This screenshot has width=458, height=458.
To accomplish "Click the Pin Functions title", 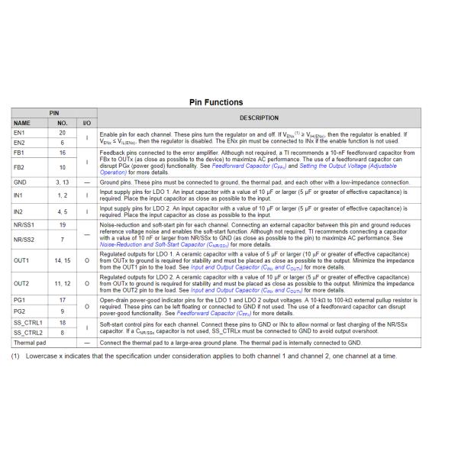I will click(215, 102).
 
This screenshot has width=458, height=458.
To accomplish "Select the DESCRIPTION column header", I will click(259, 118).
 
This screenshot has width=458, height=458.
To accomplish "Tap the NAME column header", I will click(22, 122).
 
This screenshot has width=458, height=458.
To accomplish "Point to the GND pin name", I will click(21, 183).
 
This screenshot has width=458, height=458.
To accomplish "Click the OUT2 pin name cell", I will click(22, 283).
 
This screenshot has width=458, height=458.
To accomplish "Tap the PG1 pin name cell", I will click(20, 300).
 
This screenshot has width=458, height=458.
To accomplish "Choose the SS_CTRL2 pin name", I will click(30, 333).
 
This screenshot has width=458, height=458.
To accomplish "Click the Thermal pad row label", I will click(30, 343).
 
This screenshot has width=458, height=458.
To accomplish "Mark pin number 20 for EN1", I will click(62, 133).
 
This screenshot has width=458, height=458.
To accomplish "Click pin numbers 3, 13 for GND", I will click(62, 183).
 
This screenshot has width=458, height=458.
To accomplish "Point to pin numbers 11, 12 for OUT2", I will click(62, 283).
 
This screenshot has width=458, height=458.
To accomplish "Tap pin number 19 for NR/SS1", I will click(62, 225).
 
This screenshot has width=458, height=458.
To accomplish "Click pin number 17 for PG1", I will click(62, 300).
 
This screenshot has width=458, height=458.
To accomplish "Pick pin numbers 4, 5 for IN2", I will click(62, 211).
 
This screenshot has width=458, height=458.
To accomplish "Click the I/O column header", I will click(86, 122).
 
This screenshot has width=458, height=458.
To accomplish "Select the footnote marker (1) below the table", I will click(15, 356).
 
